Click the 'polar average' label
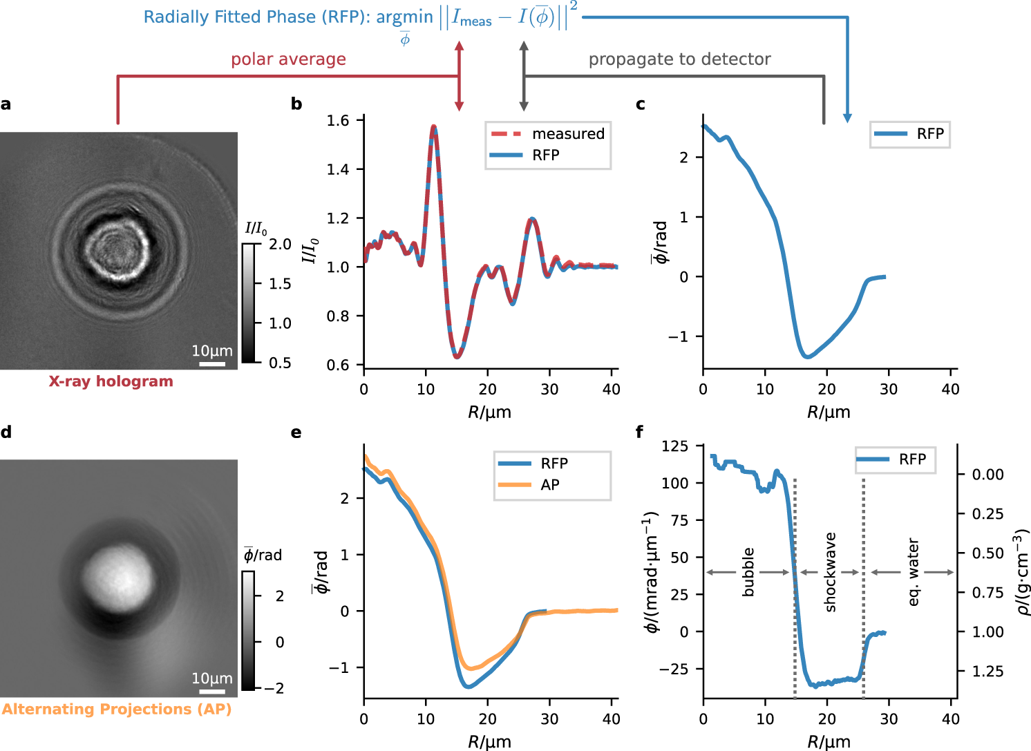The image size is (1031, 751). tap(288, 59)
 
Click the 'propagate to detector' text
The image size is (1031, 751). tap(679, 59)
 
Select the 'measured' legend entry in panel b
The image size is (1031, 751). tap(567, 133)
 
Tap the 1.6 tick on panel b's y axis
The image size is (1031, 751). tap(338, 121)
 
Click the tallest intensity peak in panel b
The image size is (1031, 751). tap(434, 126)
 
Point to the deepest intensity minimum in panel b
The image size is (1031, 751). tap(457, 357)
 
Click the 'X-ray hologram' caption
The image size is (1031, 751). tap(111, 381)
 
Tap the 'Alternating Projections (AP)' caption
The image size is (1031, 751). tap(117, 709)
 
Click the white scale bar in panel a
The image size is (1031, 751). tap(212, 363)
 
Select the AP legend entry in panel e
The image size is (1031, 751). tap(549, 485)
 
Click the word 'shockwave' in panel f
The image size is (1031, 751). tap(830, 572)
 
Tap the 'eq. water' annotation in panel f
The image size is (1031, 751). tap(914, 572)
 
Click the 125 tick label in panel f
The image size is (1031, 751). tap(675, 446)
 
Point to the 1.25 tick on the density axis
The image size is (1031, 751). tap(988, 672)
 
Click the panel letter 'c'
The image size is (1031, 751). tap(640, 104)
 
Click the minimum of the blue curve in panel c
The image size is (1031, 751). tap(807, 357)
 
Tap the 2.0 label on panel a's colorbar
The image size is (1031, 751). tap(280, 244)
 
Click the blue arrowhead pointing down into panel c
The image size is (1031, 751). tap(847, 119)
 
